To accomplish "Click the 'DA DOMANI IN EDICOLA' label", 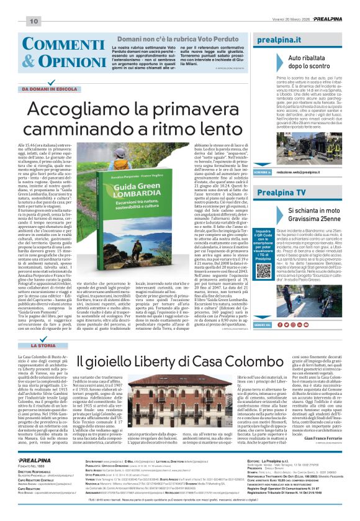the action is coord(53,89).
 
